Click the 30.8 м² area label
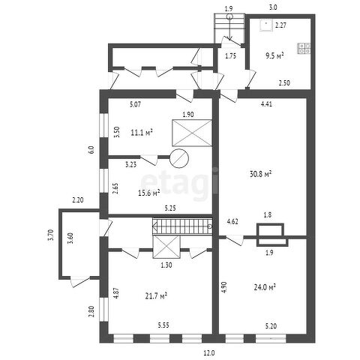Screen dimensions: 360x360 (261, 174)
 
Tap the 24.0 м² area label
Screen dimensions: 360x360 (265, 287)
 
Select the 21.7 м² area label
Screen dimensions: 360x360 (156, 296)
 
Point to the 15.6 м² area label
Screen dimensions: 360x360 (149, 193)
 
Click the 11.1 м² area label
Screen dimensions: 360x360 (142, 133)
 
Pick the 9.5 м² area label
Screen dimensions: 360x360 (274, 55)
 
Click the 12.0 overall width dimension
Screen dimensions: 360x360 (209, 353)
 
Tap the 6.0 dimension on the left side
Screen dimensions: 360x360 (91, 150)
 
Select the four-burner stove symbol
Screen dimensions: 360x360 (304, 49)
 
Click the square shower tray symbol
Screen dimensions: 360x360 (265, 25)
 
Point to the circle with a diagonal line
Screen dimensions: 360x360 (179, 158)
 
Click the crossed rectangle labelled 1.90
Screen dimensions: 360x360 (192, 133)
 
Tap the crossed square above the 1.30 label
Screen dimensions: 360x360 (166, 247)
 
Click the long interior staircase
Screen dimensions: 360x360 (182, 226)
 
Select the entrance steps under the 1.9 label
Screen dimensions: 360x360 (229, 28)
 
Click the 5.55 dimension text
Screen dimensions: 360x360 (163, 325)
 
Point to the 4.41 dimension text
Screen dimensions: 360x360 (266, 103)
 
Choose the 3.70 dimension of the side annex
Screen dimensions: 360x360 (50, 235)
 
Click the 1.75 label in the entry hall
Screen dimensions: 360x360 (230, 56)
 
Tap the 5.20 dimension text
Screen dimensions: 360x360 (271, 326)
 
